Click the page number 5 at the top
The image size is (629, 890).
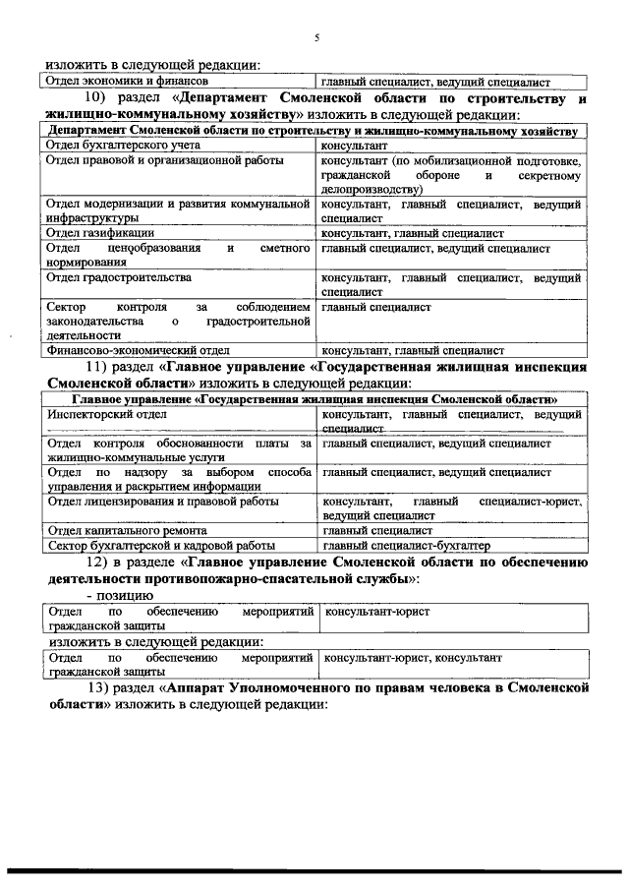[316, 38]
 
